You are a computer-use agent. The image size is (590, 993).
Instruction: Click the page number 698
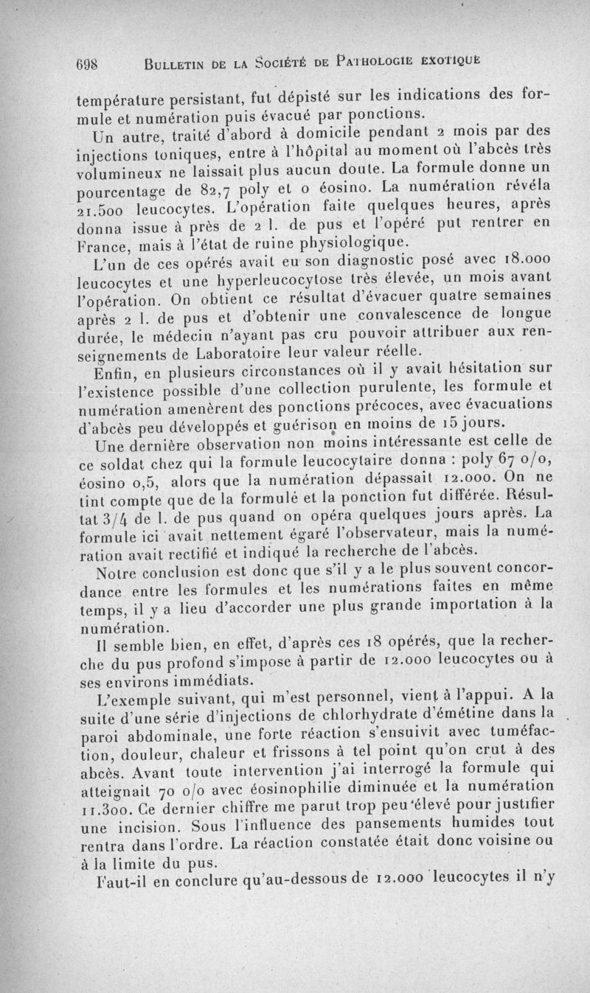click(91, 62)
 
